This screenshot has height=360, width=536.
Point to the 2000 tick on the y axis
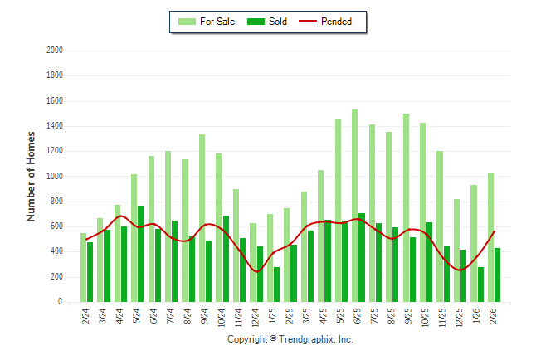(55, 51)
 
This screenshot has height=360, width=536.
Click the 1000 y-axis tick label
(55, 177)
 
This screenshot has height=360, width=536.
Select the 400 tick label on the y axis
(57, 252)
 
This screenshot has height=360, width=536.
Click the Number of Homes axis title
(31, 176)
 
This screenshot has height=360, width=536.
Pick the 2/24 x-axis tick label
(86, 317)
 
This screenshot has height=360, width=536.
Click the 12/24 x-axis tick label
(256, 319)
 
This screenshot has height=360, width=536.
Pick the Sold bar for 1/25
(276, 285)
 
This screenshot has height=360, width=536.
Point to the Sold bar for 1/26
(480, 285)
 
